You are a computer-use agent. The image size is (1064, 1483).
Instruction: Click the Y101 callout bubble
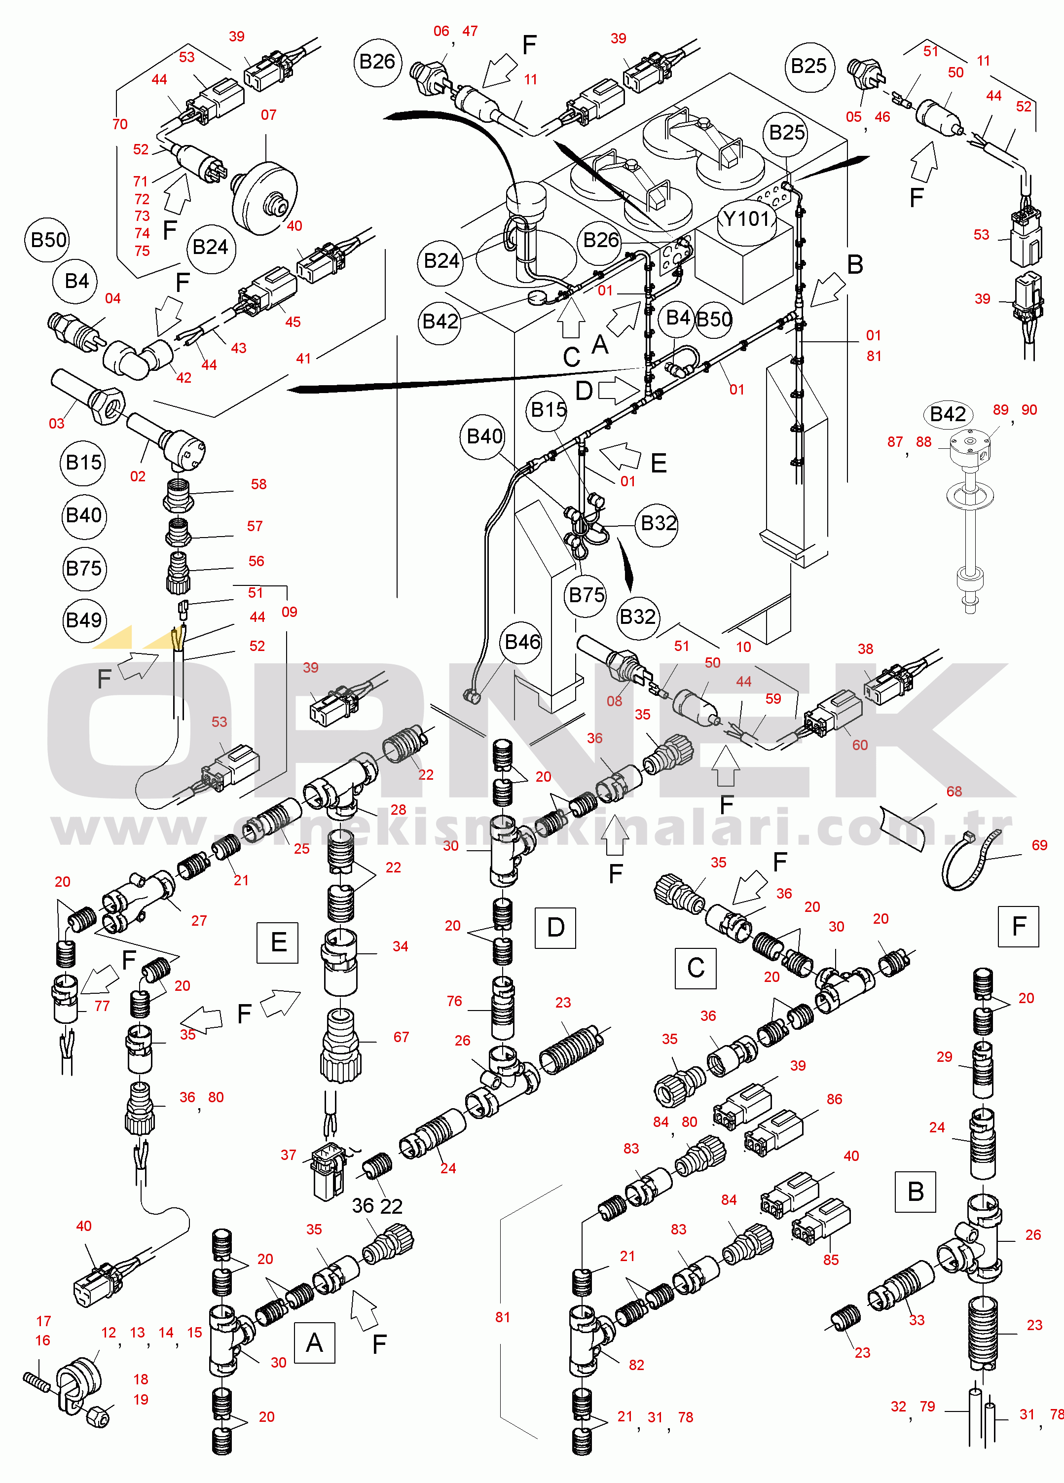pos(747,218)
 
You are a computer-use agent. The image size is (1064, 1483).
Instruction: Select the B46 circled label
pos(522,642)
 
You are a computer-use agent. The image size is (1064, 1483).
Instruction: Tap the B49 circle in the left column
pos(84,620)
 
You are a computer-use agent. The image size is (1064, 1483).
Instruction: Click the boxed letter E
pos(278,942)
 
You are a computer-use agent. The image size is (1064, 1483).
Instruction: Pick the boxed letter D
pos(555,927)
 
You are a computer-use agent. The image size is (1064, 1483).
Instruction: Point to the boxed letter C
pos(695,968)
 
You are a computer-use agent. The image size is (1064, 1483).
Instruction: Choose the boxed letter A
pos(315,1342)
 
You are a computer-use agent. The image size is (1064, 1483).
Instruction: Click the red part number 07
pos(269,115)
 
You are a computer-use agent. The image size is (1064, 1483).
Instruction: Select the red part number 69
pos(1039,845)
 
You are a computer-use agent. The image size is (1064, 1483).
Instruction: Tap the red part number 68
pos(954,791)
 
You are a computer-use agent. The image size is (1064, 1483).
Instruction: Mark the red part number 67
pos(401,1037)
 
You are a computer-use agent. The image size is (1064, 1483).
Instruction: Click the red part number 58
pos(259,484)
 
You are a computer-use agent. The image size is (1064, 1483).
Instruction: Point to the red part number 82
pos(636,1365)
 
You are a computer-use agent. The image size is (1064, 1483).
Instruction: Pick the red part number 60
pos(859,745)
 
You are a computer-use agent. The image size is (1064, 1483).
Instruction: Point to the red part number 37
pos(289,1155)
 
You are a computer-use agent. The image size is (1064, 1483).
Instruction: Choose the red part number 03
pos(57,423)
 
